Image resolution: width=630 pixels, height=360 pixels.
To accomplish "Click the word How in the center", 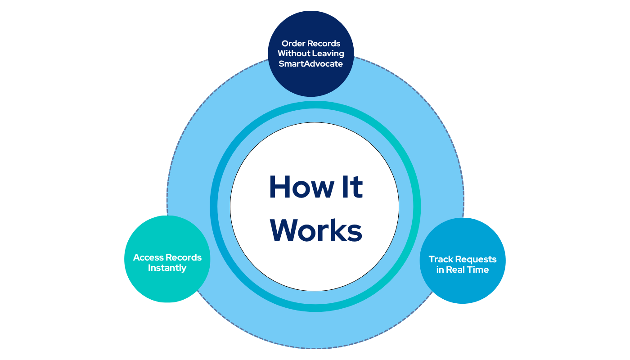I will point(297,187).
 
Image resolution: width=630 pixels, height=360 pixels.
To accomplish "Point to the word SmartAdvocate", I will point(310,63).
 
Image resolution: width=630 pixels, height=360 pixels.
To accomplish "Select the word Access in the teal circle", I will point(148,258).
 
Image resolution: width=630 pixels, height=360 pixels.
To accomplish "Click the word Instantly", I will point(167,268).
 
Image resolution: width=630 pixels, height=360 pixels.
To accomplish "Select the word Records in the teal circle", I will point(184,258).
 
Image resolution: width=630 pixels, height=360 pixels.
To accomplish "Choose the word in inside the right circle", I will point(440,270).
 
